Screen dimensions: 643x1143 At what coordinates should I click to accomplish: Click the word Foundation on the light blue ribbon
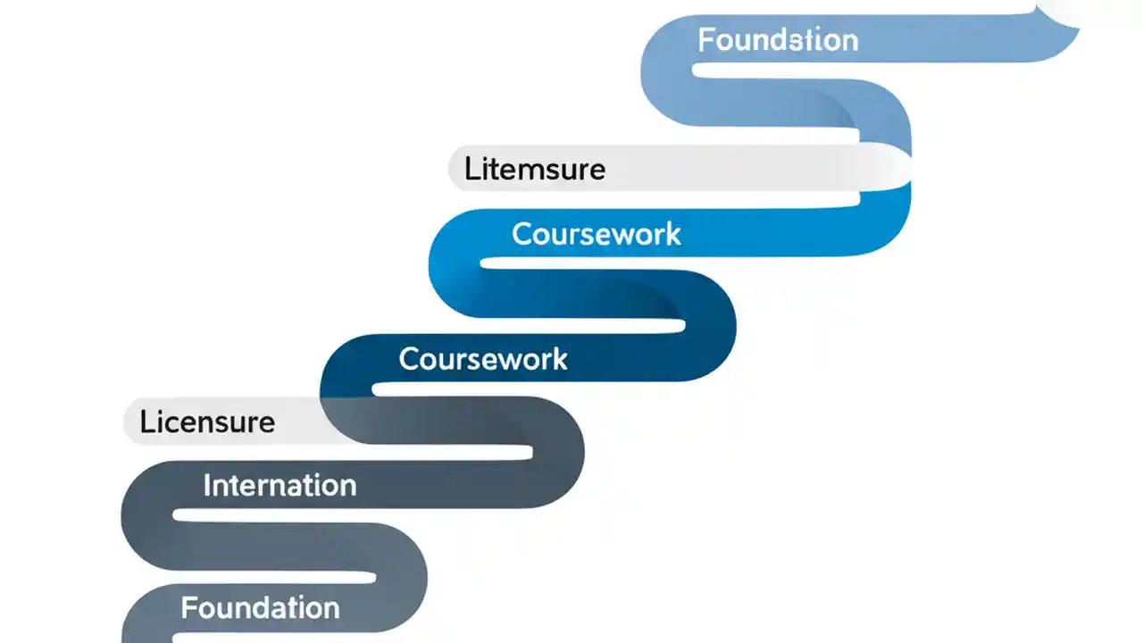[x=778, y=40]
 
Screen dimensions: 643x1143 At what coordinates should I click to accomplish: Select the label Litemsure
[x=535, y=169]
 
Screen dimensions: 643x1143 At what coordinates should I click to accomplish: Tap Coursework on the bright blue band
[x=597, y=234]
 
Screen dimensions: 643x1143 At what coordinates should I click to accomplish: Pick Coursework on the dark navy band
[x=483, y=359]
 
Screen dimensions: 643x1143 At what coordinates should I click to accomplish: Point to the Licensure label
[x=207, y=422]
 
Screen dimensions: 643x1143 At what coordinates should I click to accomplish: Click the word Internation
[x=279, y=486]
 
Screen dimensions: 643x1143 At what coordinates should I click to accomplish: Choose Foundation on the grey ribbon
[x=260, y=608]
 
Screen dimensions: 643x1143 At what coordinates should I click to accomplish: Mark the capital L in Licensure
[x=147, y=422]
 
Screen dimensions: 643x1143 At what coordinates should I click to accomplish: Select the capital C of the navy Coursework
[x=409, y=359]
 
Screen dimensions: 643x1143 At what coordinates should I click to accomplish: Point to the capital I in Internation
[x=207, y=486]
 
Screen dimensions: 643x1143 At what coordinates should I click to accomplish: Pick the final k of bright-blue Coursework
[x=673, y=234]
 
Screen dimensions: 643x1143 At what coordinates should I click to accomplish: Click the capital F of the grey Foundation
[x=188, y=608]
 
